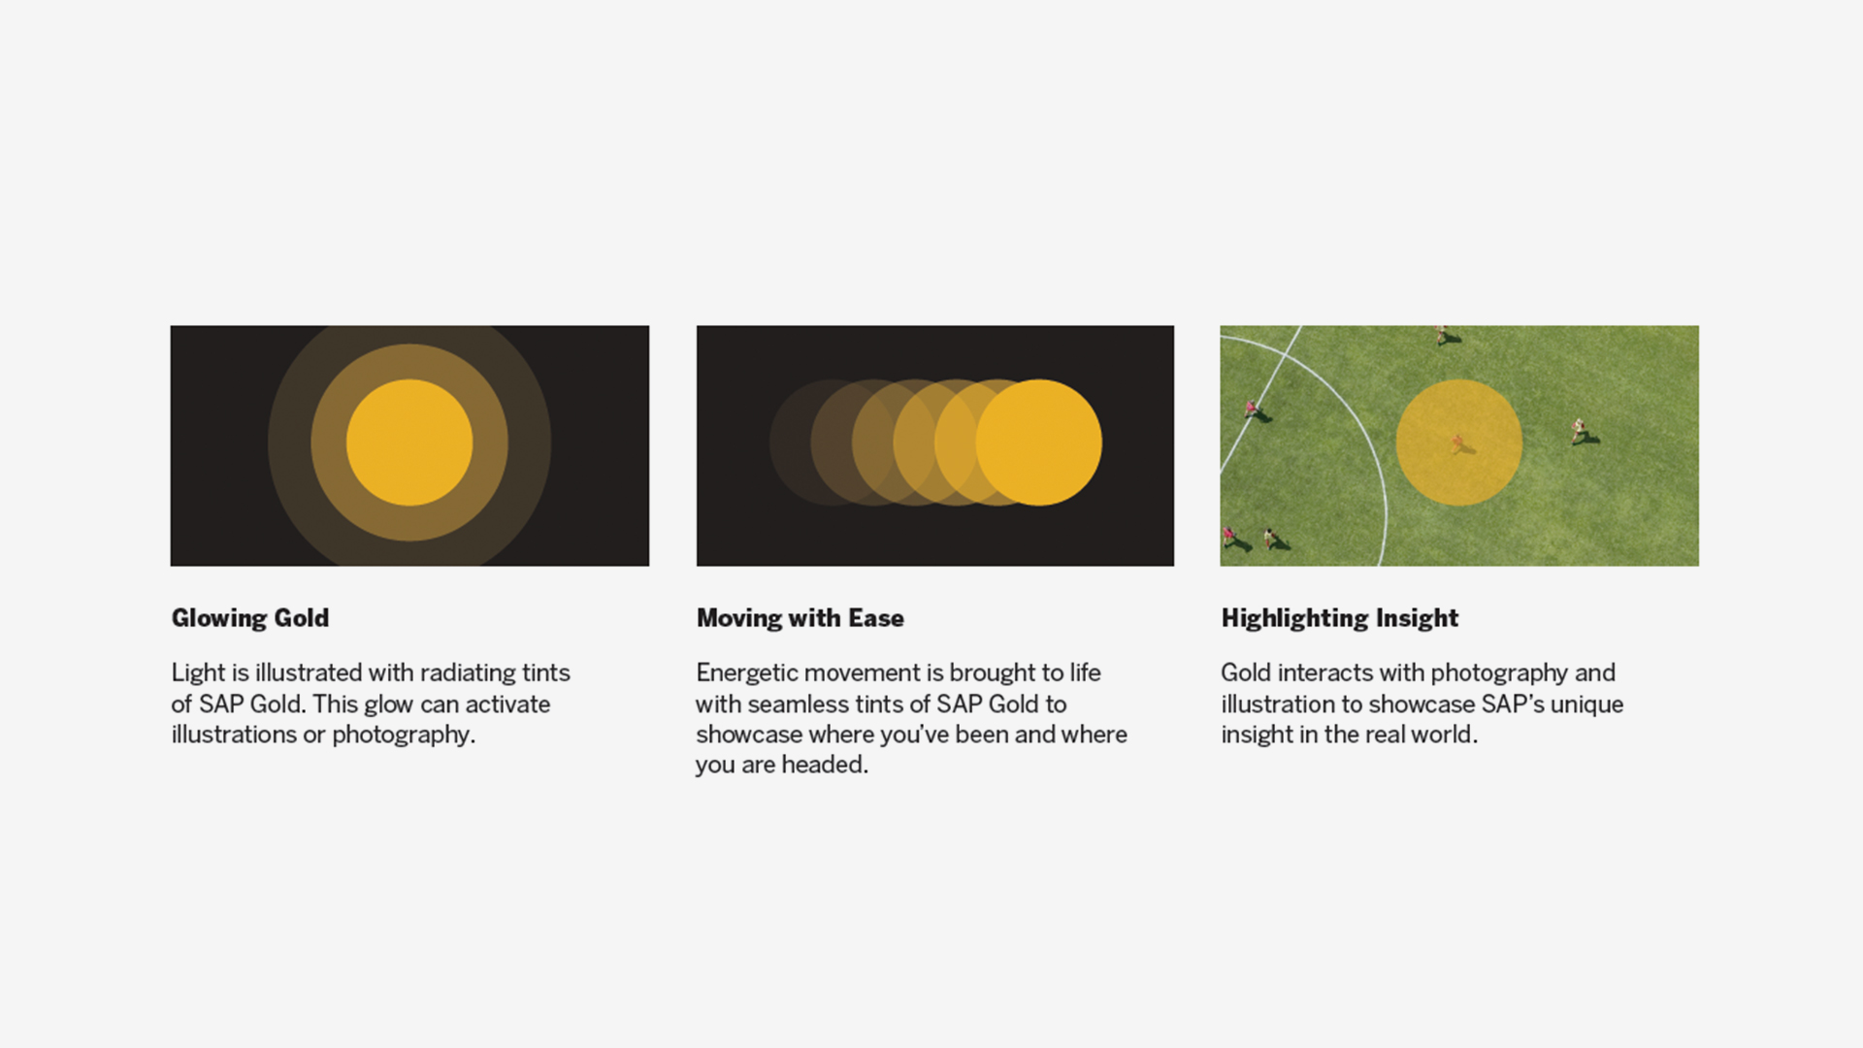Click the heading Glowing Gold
[250, 618]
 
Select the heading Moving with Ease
[801, 618]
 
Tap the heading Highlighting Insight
[1340, 618]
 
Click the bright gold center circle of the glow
[409, 442]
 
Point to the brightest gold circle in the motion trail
[1039, 442]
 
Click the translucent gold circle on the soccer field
[1459, 442]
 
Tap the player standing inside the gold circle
[1457, 443]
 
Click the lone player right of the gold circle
[1580, 430]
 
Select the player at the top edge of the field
[1443, 335]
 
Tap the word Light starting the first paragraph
[198, 673]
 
